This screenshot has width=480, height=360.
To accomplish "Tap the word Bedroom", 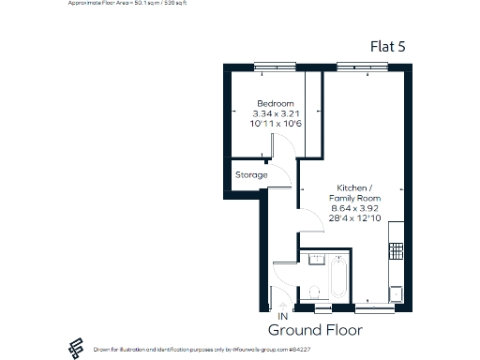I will click(x=276, y=103).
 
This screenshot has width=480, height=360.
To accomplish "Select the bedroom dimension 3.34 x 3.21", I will click(x=276, y=113).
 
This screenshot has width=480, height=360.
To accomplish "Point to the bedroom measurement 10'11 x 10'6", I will click(x=276, y=124).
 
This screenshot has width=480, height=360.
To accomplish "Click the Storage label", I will click(x=251, y=175).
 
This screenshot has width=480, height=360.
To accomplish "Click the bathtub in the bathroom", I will click(x=338, y=278).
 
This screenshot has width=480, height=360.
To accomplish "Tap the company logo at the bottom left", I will click(x=72, y=348).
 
